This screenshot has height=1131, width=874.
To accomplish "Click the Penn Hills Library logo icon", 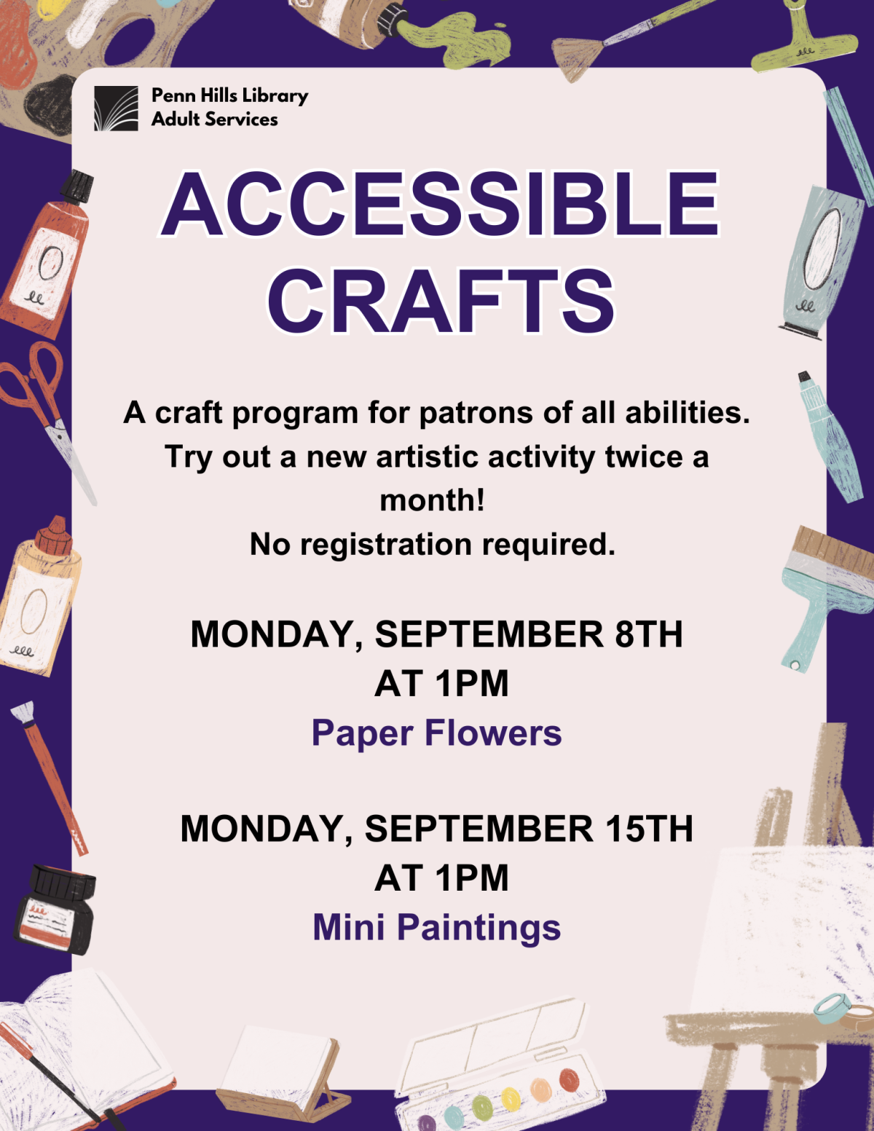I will point(116,109).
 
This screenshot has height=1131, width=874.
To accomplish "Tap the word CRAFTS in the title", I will point(441,301).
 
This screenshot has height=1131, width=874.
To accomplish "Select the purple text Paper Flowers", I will point(436,733).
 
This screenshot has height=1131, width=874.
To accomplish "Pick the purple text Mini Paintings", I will point(436,927).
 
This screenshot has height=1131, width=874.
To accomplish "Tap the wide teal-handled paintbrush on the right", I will point(823,590).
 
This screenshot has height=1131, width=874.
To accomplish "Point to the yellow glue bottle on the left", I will point(36,597).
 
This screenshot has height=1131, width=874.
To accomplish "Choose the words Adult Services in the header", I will point(214,119).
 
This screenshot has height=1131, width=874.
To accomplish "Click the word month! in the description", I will point(432,500).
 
